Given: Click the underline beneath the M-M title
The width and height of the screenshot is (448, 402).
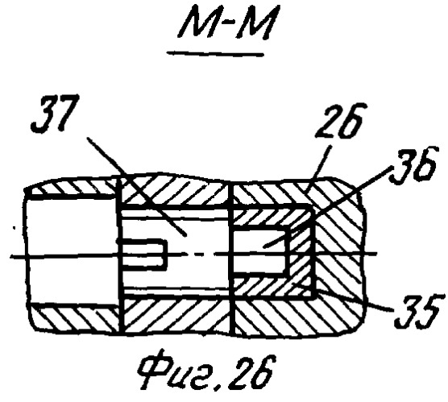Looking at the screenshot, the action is click(215, 53).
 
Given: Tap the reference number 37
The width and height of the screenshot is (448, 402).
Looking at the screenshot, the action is click(54, 113).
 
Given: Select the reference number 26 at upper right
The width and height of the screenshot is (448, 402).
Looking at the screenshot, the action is click(341, 120).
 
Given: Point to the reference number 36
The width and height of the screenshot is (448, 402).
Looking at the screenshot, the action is click(413, 164).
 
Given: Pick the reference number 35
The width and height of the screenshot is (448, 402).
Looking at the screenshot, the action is click(418, 312).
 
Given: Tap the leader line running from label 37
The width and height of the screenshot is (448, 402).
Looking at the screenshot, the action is click(137, 187).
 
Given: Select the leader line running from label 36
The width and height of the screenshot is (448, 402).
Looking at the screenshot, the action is click(327, 206).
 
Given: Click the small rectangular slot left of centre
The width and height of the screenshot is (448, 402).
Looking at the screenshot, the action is click(143, 254).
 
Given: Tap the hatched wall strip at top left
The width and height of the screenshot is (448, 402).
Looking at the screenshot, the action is click(72, 186).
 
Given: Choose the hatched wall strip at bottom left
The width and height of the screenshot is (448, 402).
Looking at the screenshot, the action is click(76, 317).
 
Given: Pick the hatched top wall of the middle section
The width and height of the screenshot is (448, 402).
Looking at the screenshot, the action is click(175, 190).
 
